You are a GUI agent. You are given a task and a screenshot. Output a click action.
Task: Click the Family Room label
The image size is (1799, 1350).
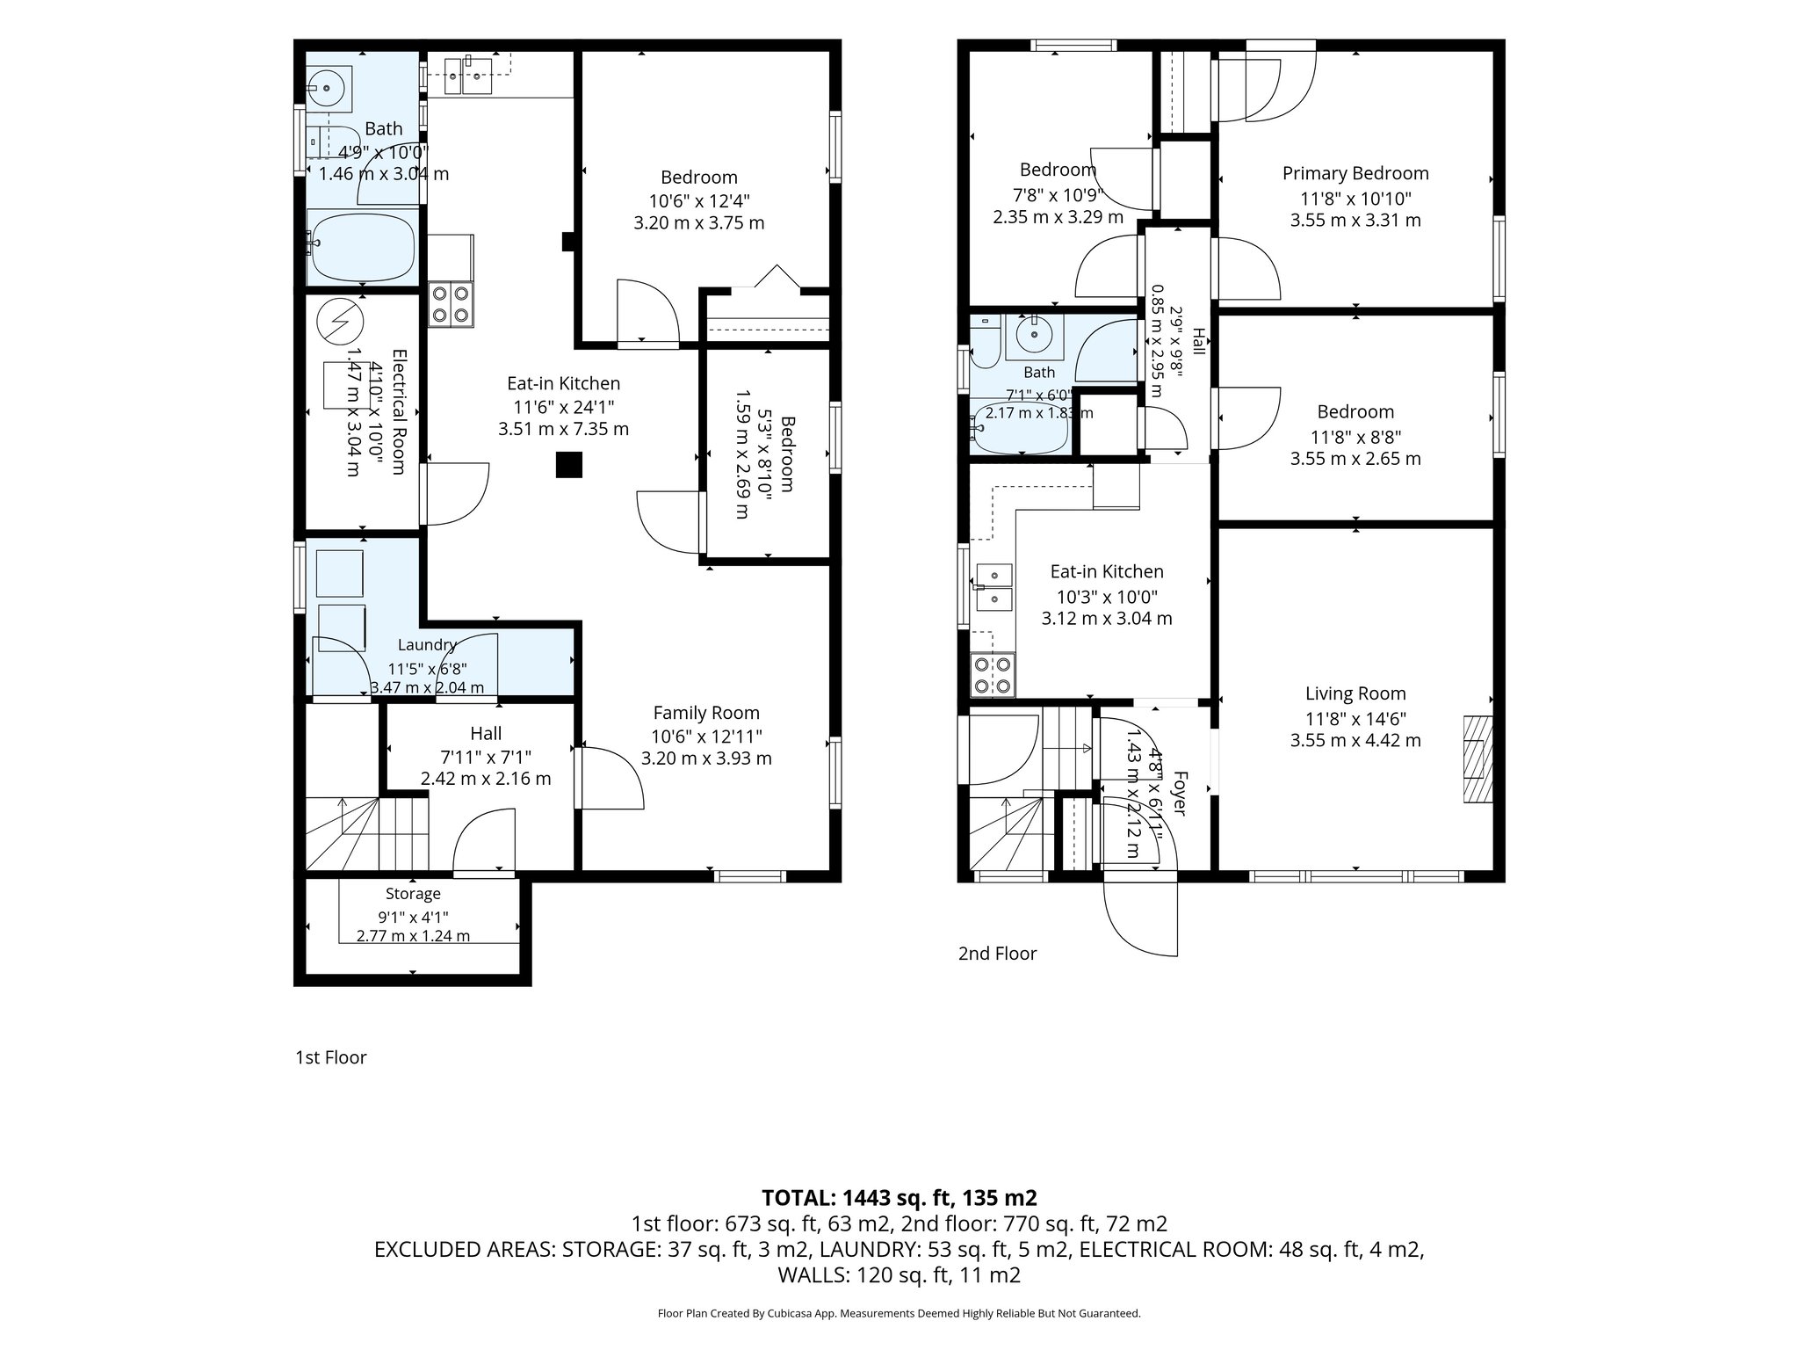(x=706, y=713)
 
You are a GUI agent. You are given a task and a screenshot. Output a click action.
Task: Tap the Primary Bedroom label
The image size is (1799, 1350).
(x=1355, y=173)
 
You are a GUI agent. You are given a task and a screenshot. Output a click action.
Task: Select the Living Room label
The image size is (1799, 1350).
(x=1355, y=693)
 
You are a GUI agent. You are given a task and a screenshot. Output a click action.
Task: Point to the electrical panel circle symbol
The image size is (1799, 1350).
(x=340, y=322)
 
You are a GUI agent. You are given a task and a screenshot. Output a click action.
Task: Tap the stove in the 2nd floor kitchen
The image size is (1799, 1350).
(x=993, y=675)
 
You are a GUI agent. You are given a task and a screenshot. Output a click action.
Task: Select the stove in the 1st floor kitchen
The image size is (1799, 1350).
(x=451, y=304)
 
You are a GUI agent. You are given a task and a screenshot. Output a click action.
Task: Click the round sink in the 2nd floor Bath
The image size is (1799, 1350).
(x=1035, y=335)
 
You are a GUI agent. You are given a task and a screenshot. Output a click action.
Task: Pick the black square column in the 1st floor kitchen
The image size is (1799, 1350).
(x=569, y=464)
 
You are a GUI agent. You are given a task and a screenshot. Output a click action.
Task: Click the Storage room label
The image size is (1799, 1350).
(x=413, y=894)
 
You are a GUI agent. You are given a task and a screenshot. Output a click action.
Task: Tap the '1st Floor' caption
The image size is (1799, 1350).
(x=331, y=1057)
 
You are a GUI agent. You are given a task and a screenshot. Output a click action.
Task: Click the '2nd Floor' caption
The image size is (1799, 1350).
(x=997, y=954)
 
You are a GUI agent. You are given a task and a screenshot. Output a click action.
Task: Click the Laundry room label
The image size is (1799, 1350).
(x=427, y=645)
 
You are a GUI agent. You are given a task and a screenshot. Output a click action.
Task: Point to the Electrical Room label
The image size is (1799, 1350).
(x=398, y=412)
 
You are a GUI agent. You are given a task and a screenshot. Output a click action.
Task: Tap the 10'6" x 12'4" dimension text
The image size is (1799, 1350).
(x=699, y=200)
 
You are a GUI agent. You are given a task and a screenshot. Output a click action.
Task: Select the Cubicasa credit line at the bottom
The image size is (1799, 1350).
(x=899, y=1314)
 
